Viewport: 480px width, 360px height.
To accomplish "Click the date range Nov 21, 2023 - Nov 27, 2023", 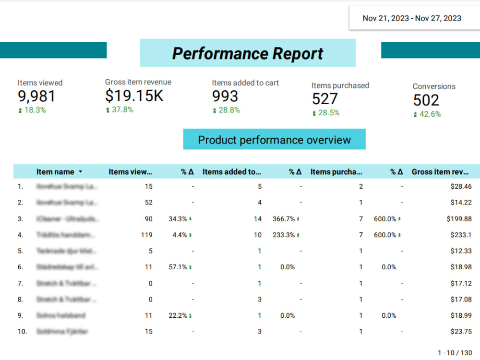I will [412, 18].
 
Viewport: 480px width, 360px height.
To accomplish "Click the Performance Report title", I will [248, 53].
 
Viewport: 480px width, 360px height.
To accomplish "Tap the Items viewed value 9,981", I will [36, 96].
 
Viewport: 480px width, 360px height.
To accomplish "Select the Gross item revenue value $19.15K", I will [134, 96].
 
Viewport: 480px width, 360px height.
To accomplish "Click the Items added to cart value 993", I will [225, 96].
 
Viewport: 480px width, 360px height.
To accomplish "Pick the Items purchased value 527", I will [325, 99].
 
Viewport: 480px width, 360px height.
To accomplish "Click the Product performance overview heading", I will [274, 140].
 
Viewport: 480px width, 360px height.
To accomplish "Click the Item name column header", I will [55, 172].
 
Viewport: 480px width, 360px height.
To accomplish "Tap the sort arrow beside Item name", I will [80, 172].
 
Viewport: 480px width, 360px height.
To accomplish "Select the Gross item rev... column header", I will [440, 172].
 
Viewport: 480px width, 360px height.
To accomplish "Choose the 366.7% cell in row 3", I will [283, 219].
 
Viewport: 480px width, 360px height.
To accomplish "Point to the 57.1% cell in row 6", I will [178, 267].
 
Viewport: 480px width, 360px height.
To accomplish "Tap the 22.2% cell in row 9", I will [178, 315].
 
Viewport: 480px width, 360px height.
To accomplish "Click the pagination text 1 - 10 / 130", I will [454, 353].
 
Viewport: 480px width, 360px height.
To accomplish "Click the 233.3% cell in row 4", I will [283, 235].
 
